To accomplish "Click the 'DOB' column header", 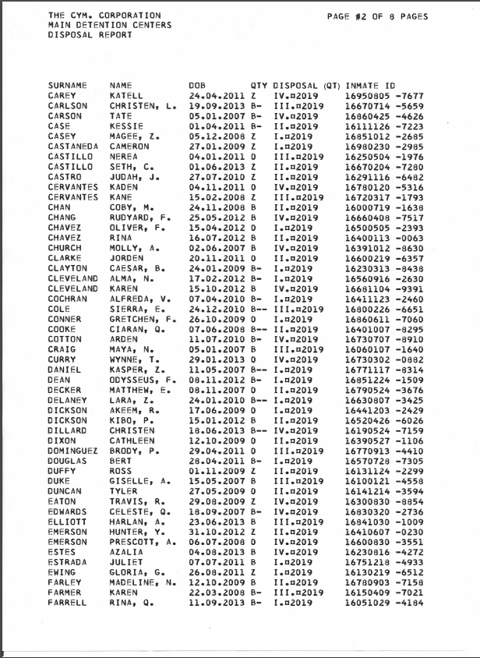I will (196, 84).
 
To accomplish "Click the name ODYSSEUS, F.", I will (143, 400).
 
